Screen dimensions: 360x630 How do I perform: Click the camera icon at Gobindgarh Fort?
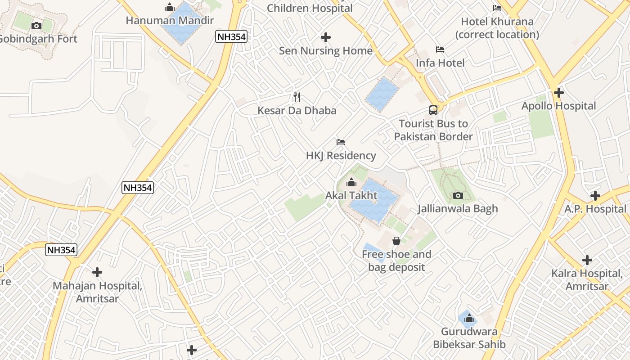click(x=37, y=26)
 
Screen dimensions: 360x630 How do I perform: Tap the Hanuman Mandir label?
click(x=170, y=20)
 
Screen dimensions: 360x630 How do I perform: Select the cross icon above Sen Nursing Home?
click(x=326, y=37)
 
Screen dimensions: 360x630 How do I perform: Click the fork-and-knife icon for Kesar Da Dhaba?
click(x=297, y=97)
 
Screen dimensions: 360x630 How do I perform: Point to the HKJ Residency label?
click(x=341, y=156)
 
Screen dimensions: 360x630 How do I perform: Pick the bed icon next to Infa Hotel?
click(x=440, y=49)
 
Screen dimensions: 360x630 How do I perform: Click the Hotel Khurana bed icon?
click(x=497, y=8)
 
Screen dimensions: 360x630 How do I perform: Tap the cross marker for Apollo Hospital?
click(x=559, y=93)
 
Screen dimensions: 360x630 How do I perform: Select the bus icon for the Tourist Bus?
click(x=433, y=110)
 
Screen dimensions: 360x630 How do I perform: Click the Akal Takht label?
click(x=351, y=196)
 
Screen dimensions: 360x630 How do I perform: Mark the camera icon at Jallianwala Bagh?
click(x=458, y=195)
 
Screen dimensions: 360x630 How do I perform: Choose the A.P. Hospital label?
click(x=595, y=209)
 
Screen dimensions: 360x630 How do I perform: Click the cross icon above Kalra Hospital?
click(x=587, y=260)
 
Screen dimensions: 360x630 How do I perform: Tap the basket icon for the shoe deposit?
click(x=396, y=241)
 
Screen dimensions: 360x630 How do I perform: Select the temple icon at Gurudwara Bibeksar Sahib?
click(x=469, y=319)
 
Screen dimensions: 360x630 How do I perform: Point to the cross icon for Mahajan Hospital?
click(x=97, y=272)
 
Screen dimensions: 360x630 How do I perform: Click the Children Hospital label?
click(x=310, y=8)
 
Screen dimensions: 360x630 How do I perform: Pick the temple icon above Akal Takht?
click(x=351, y=182)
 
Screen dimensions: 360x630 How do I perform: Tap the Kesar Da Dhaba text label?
click(x=297, y=110)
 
